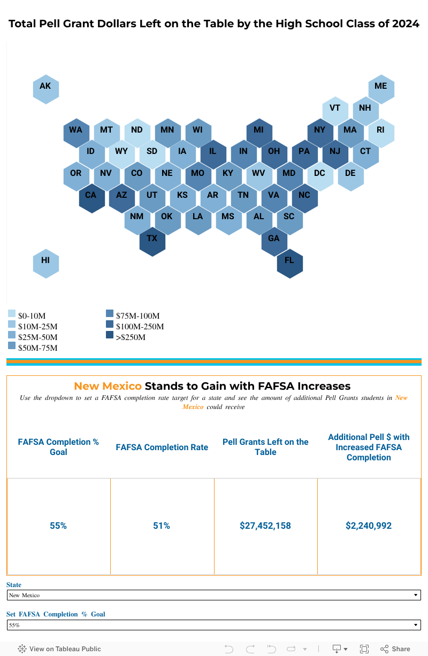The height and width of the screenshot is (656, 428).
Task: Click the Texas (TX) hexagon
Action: (x=152, y=238)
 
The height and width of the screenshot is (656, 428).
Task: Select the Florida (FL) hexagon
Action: (x=289, y=261)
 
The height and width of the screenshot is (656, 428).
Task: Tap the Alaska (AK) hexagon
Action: (x=45, y=87)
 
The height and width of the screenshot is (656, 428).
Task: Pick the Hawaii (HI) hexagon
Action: (x=45, y=260)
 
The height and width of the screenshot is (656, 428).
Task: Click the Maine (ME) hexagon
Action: (x=381, y=87)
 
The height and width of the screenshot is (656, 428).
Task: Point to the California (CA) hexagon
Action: (x=91, y=195)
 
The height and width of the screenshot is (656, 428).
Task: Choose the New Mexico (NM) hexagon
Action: (x=137, y=217)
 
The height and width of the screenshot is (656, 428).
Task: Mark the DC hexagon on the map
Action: (x=320, y=174)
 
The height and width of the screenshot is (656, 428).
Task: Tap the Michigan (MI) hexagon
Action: (x=259, y=130)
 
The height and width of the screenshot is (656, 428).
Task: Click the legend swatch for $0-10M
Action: (x=12, y=314)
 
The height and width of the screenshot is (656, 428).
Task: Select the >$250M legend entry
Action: (x=131, y=337)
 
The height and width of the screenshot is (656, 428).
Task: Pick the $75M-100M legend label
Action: (x=137, y=316)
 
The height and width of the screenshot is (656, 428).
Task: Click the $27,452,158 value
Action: (x=265, y=526)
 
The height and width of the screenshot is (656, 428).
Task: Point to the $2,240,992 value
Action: (x=369, y=526)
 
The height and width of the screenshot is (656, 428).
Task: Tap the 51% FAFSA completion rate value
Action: (x=162, y=526)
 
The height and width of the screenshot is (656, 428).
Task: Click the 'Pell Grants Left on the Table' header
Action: (x=265, y=447)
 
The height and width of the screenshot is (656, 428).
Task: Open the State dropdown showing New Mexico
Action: (x=213, y=595)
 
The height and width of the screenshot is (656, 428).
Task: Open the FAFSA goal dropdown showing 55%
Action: (x=213, y=625)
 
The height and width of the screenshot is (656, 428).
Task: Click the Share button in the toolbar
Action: (x=395, y=649)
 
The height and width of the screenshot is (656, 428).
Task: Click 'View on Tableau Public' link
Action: (x=60, y=649)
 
